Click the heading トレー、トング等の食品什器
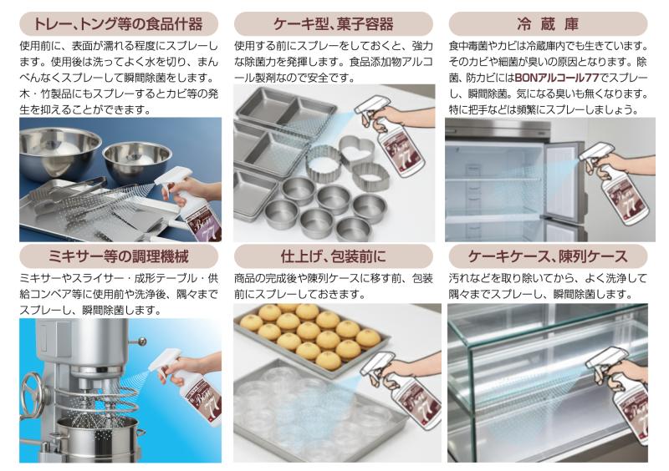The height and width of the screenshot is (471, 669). pyautogui.click(x=118, y=24)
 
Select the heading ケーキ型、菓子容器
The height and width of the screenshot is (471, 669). pyautogui.click(x=333, y=24)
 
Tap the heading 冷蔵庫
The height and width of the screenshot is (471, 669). pyautogui.click(x=548, y=24)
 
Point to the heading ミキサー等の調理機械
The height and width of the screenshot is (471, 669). pyautogui.click(x=118, y=256)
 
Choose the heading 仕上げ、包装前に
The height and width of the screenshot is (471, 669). pyautogui.click(x=333, y=256)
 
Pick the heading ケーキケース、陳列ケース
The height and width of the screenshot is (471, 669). pyautogui.click(x=548, y=256)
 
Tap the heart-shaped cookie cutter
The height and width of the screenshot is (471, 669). pyautogui.click(x=357, y=151)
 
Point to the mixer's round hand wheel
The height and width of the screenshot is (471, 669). pyautogui.click(x=33, y=394)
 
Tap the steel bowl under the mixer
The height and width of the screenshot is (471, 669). pyautogui.click(x=97, y=439)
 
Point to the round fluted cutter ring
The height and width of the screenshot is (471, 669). pyautogui.click(x=323, y=165)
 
